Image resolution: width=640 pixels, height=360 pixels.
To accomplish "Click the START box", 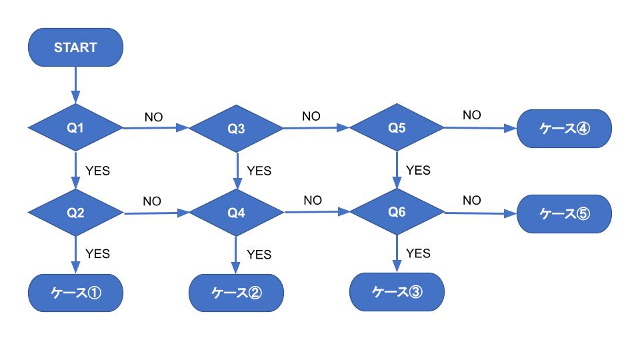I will (75, 47).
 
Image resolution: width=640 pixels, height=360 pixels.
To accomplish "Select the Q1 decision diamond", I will (75, 127).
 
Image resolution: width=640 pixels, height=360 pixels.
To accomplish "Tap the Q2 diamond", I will (75, 213).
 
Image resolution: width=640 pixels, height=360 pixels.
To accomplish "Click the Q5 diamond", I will (397, 127).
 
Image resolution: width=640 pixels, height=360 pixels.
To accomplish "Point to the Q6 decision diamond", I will (397, 212).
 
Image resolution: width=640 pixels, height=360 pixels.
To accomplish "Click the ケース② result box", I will (237, 292).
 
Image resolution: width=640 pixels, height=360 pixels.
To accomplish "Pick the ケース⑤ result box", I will (563, 213).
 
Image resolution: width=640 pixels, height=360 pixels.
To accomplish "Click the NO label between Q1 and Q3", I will (153, 117).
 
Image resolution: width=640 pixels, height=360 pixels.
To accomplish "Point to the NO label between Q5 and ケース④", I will (471, 115).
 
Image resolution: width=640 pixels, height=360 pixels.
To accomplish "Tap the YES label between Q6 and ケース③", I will (418, 253).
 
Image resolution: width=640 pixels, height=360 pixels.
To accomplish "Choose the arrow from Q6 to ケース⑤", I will (480, 213).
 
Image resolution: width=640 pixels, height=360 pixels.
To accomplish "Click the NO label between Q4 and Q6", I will (313, 200).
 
